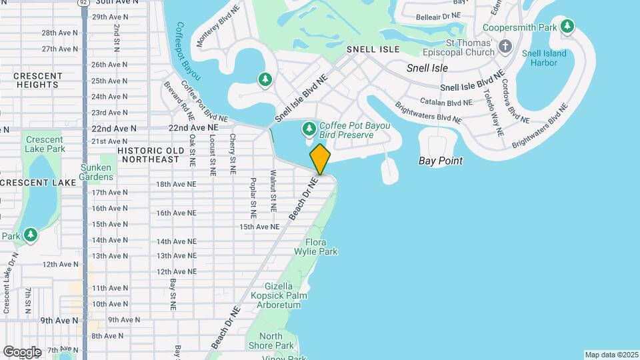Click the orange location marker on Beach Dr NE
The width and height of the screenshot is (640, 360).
320,159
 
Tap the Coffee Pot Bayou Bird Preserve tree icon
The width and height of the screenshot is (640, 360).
309,127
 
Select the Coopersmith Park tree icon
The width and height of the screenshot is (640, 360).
567,27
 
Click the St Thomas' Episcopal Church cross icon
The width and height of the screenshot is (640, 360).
505,46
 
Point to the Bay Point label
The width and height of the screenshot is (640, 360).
440,161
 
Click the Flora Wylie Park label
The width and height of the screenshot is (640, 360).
316,247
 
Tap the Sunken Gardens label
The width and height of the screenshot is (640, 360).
97,172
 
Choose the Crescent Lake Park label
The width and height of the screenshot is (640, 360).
44,144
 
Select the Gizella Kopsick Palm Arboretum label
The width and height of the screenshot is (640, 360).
276,295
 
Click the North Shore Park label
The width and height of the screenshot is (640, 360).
276,341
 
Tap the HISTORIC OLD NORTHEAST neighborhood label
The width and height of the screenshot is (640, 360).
149,155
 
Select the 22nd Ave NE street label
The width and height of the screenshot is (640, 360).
193,127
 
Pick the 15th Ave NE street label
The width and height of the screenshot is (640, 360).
259,227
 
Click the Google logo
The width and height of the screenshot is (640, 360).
22,351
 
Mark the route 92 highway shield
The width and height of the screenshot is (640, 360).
83,3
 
